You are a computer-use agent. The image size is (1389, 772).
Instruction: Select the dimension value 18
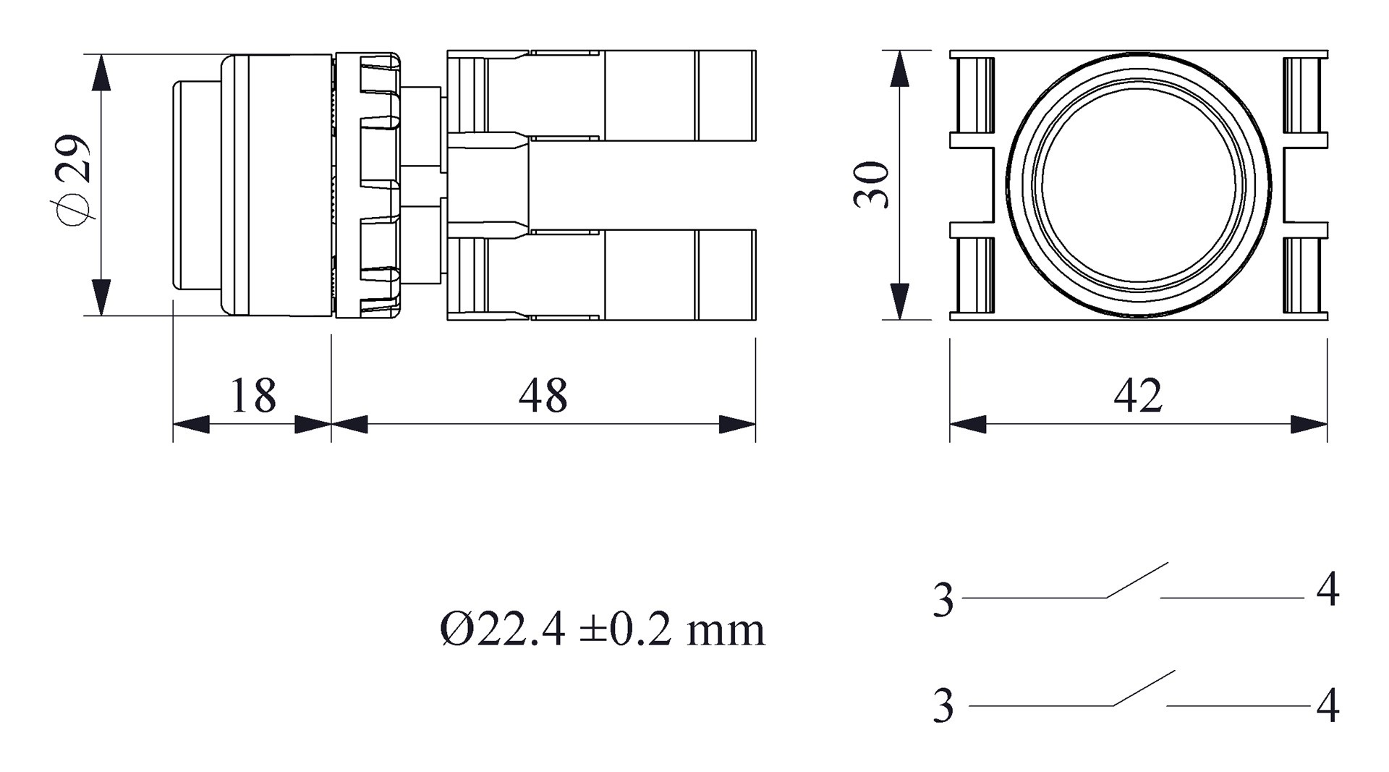(x=253, y=395)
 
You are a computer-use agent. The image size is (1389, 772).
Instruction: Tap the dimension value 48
(x=543, y=395)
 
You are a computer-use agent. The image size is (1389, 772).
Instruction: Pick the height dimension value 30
(x=872, y=185)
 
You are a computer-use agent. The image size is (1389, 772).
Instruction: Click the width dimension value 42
(x=1138, y=395)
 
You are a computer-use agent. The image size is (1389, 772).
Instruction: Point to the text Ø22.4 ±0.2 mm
(x=602, y=629)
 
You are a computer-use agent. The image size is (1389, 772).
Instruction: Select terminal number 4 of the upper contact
(x=1328, y=590)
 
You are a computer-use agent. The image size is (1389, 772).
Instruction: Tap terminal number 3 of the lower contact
(x=943, y=706)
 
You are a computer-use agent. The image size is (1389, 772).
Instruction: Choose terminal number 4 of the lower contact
(x=1328, y=706)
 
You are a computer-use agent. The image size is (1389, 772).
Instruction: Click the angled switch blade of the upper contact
(x=1137, y=580)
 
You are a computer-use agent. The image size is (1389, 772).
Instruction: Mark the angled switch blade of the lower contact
(x=1144, y=688)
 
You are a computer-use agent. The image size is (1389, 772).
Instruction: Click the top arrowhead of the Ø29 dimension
(x=101, y=72)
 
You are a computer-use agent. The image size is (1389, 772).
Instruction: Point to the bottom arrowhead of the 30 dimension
(x=899, y=301)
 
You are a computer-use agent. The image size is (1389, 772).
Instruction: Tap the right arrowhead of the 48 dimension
(x=737, y=425)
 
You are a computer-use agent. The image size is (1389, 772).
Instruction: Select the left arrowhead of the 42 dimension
(x=968, y=425)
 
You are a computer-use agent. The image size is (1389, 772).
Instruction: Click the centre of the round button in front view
(x=1139, y=185)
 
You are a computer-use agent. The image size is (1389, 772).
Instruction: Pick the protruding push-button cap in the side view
(x=197, y=185)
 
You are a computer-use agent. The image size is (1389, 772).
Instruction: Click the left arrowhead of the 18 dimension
(x=191, y=425)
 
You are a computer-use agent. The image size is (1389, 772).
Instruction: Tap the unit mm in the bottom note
(x=726, y=632)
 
